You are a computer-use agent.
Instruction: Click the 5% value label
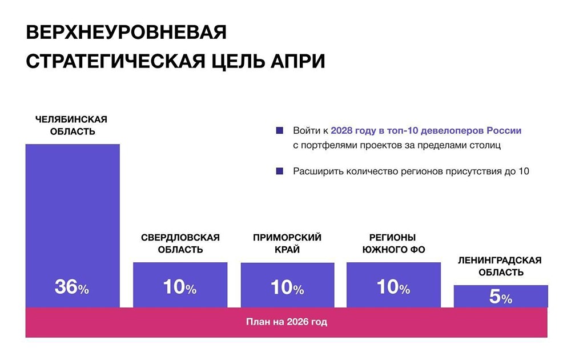click(501, 298)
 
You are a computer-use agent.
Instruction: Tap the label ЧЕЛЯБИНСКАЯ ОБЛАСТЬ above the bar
click(71, 125)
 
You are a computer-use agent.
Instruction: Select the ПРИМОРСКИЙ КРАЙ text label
click(287, 243)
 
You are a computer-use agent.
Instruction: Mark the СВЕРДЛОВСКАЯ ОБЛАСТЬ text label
click(180, 243)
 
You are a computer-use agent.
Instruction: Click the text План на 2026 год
click(287, 322)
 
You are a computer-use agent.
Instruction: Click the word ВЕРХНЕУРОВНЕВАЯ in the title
click(126, 33)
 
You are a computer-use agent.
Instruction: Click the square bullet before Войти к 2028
click(279, 130)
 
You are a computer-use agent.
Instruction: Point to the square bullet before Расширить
click(279, 171)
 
